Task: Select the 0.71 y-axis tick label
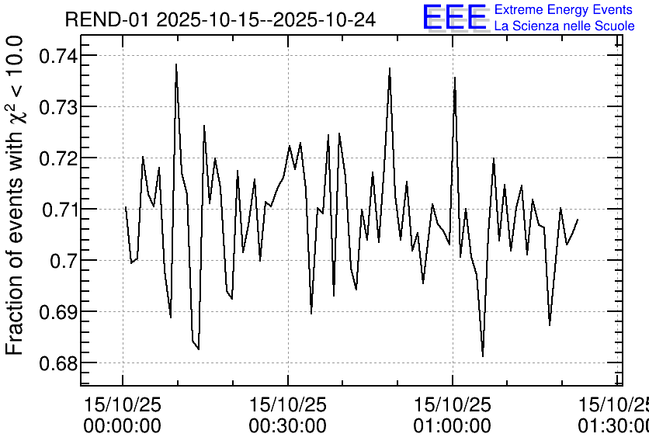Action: (x=57, y=210)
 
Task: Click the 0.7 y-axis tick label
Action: (x=61, y=261)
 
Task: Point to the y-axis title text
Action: (x=14, y=196)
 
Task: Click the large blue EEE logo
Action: (x=455, y=17)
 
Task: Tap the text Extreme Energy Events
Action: (x=564, y=9)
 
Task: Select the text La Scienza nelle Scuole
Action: (x=564, y=26)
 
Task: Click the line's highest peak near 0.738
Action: (x=176, y=64)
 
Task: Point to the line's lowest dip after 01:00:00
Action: (x=483, y=356)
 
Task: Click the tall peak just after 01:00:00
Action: (x=455, y=78)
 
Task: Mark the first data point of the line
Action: (x=126, y=207)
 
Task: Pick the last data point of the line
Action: (x=578, y=220)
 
